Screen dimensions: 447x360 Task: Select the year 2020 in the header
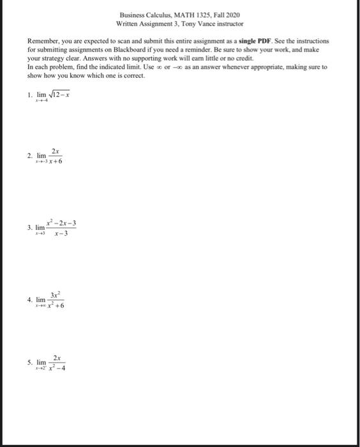click(x=233, y=14)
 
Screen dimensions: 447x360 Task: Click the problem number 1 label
click(x=29, y=96)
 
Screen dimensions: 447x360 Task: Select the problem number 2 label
click(x=29, y=156)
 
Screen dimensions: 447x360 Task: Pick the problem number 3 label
click(x=29, y=227)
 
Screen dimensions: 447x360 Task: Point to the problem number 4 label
click(x=29, y=299)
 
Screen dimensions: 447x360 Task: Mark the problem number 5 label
click(x=29, y=362)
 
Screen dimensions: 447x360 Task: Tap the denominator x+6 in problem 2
click(x=55, y=162)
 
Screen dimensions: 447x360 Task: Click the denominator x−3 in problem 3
click(x=61, y=233)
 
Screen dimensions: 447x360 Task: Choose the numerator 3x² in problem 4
click(x=56, y=294)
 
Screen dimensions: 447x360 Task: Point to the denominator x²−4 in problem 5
click(x=57, y=368)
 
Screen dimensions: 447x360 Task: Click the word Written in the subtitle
click(x=130, y=23)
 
